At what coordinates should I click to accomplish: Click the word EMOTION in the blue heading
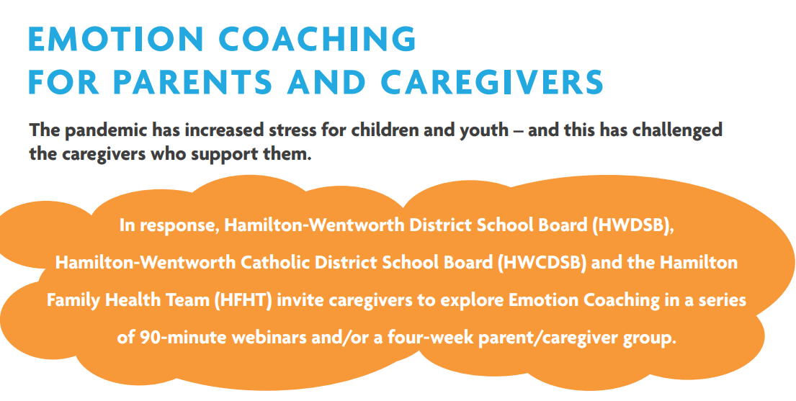pos(117,40)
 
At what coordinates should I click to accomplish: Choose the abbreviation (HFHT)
pos(243,300)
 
